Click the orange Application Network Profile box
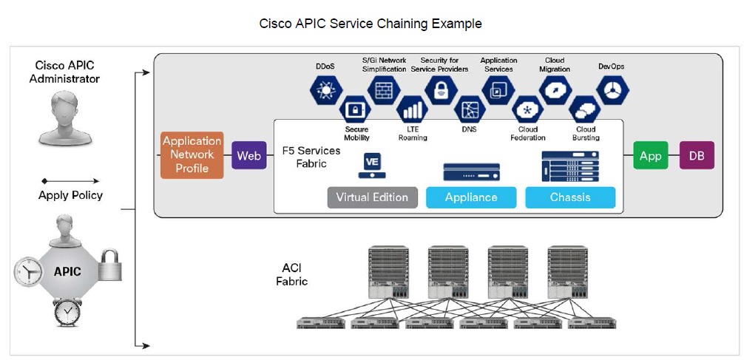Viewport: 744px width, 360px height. click(x=192, y=155)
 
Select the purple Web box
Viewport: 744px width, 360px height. click(x=248, y=156)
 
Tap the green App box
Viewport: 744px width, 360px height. click(x=650, y=156)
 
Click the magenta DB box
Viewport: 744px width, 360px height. click(x=696, y=156)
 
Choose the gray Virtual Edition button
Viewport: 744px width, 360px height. click(x=372, y=197)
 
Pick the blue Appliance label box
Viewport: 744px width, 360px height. click(x=470, y=197)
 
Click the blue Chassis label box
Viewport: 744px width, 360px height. click(x=569, y=197)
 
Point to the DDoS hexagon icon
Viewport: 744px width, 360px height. click(x=325, y=90)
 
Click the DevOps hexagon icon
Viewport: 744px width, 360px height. click(x=611, y=90)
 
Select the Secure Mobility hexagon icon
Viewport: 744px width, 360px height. click(x=356, y=110)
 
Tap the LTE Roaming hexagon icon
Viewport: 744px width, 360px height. click(x=412, y=110)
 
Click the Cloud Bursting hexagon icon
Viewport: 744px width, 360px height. click(x=585, y=110)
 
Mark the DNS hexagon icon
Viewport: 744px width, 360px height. click(x=470, y=110)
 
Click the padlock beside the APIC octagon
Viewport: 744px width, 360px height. click(x=108, y=265)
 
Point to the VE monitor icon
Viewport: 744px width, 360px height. click(x=371, y=166)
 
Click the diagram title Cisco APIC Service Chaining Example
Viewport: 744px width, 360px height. click(x=371, y=24)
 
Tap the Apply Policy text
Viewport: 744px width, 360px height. click(x=70, y=195)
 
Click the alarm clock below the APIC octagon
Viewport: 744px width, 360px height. click(x=68, y=313)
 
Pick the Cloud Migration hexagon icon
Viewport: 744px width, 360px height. click(x=555, y=89)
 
